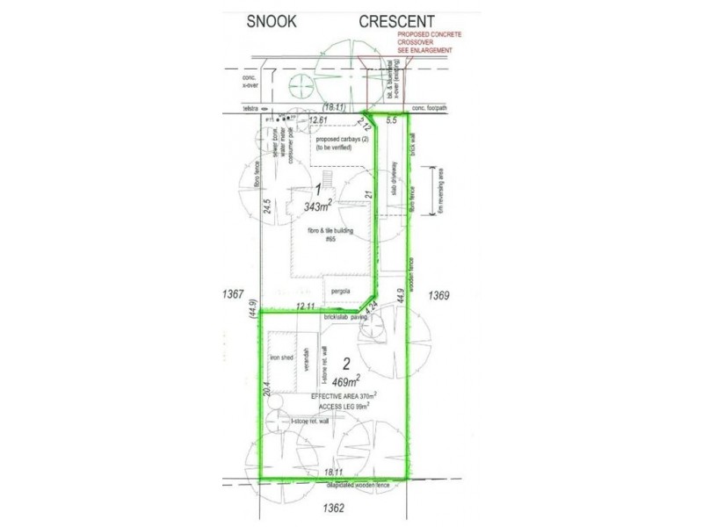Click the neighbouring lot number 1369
440,297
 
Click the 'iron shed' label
281,359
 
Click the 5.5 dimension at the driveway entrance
392,119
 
